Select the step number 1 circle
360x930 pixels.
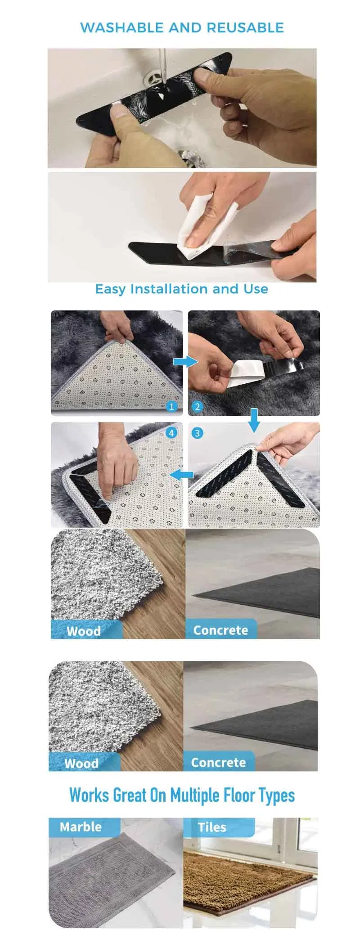point(171,407)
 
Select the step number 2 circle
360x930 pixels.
point(197,407)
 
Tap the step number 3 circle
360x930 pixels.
point(197,433)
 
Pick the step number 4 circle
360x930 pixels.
point(171,433)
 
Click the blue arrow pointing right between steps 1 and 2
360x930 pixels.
point(185,361)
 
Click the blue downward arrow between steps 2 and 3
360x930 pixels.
point(254,420)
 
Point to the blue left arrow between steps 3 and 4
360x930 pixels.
point(182,474)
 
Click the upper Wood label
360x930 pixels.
point(84,631)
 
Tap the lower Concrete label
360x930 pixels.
point(218,762)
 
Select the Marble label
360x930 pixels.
point(81,827)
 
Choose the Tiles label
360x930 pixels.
point(212,827)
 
